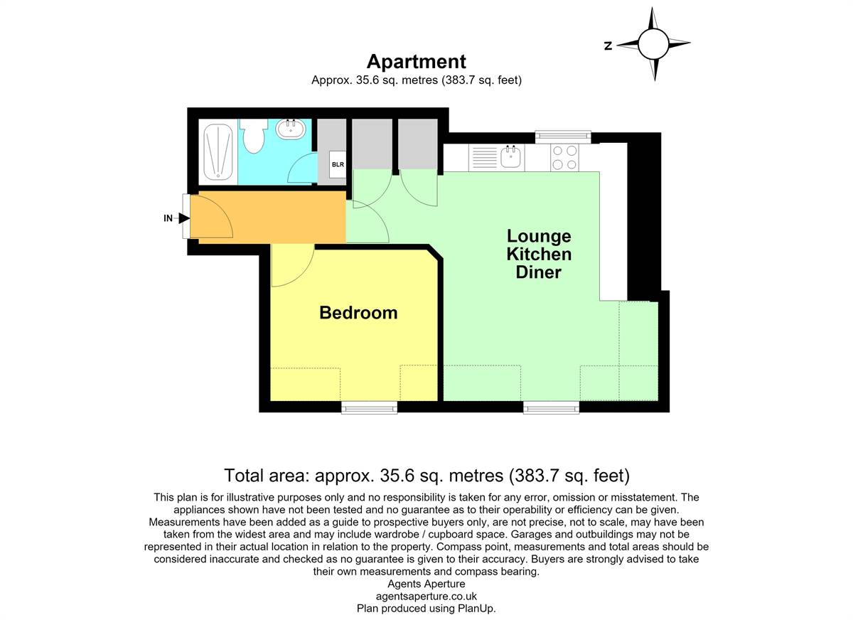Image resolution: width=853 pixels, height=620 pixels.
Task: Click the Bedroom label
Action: click(358, 313)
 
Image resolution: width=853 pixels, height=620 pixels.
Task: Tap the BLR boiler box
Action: click(338, 164)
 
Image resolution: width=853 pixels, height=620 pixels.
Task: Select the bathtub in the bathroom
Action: click(218, 152)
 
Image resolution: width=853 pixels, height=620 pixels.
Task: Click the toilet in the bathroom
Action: click(253, 136)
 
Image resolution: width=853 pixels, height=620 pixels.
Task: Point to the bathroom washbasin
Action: click(291, 129)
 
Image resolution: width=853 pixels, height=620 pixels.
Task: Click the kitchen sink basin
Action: click(510, 156)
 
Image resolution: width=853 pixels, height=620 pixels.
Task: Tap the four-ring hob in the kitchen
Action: click(564, 157)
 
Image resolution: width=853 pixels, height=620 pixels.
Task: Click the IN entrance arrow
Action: click(184, 218)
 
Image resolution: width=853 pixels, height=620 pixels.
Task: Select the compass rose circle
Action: click(653, 44)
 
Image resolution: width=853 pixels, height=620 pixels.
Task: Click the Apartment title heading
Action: click(417, 61)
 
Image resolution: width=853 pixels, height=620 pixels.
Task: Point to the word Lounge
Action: click(539, 237)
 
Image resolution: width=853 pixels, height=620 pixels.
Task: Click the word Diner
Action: click(539, 272)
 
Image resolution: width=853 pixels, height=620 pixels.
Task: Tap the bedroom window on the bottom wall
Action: click(369, 409)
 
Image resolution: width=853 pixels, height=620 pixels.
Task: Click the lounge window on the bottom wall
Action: click(551, 409)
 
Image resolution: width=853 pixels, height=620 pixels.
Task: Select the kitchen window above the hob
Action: click(563, 137)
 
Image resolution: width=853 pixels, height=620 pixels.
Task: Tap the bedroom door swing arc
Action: click(303, 274)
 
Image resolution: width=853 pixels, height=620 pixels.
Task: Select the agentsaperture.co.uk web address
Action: click(426, 596)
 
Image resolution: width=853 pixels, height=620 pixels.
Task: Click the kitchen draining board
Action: click(484, 157)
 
